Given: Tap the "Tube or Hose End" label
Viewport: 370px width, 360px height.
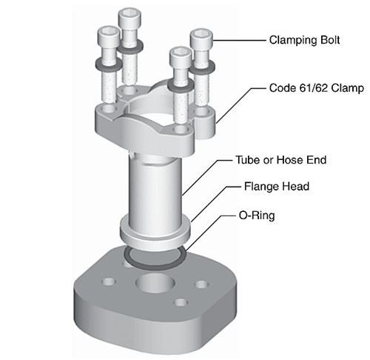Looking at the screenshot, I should coord(280,159).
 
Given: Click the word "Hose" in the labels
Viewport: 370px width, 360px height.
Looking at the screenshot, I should coord(285,159).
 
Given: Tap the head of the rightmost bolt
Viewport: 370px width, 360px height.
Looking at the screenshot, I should coord(201,38).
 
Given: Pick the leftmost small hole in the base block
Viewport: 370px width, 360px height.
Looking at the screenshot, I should coord(110,281).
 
